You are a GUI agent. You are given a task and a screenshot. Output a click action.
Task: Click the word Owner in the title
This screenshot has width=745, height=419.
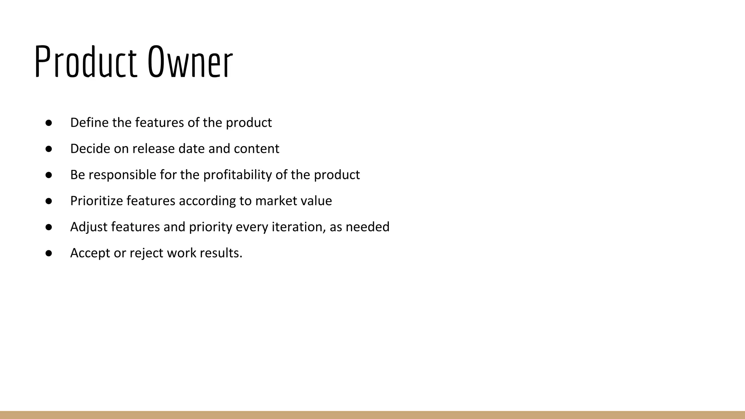(190, 62)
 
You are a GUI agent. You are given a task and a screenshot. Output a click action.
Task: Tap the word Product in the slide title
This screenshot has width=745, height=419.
(86, 62)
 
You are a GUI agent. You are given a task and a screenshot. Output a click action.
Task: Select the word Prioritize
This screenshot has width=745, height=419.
(97, 201)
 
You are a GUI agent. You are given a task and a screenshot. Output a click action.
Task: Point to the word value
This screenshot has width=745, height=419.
(316, 201)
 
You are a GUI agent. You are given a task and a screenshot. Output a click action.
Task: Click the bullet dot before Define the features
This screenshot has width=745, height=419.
(49, 123)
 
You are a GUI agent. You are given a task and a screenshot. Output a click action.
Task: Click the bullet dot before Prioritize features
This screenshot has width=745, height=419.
(49, 201)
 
